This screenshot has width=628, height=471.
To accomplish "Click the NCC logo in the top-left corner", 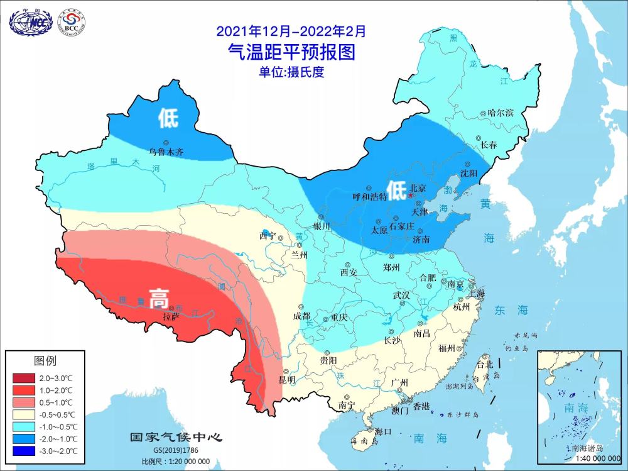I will (30, 21).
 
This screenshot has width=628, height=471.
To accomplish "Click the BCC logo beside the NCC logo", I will (71, 22).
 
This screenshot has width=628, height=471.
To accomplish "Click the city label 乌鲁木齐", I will (166, 152).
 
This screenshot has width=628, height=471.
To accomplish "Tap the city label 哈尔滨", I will (501, 113).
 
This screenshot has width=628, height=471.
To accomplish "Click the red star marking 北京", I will (411, 196).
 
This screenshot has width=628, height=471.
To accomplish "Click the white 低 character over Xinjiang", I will (168, 118).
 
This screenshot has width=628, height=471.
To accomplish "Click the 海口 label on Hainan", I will (383, 431).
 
